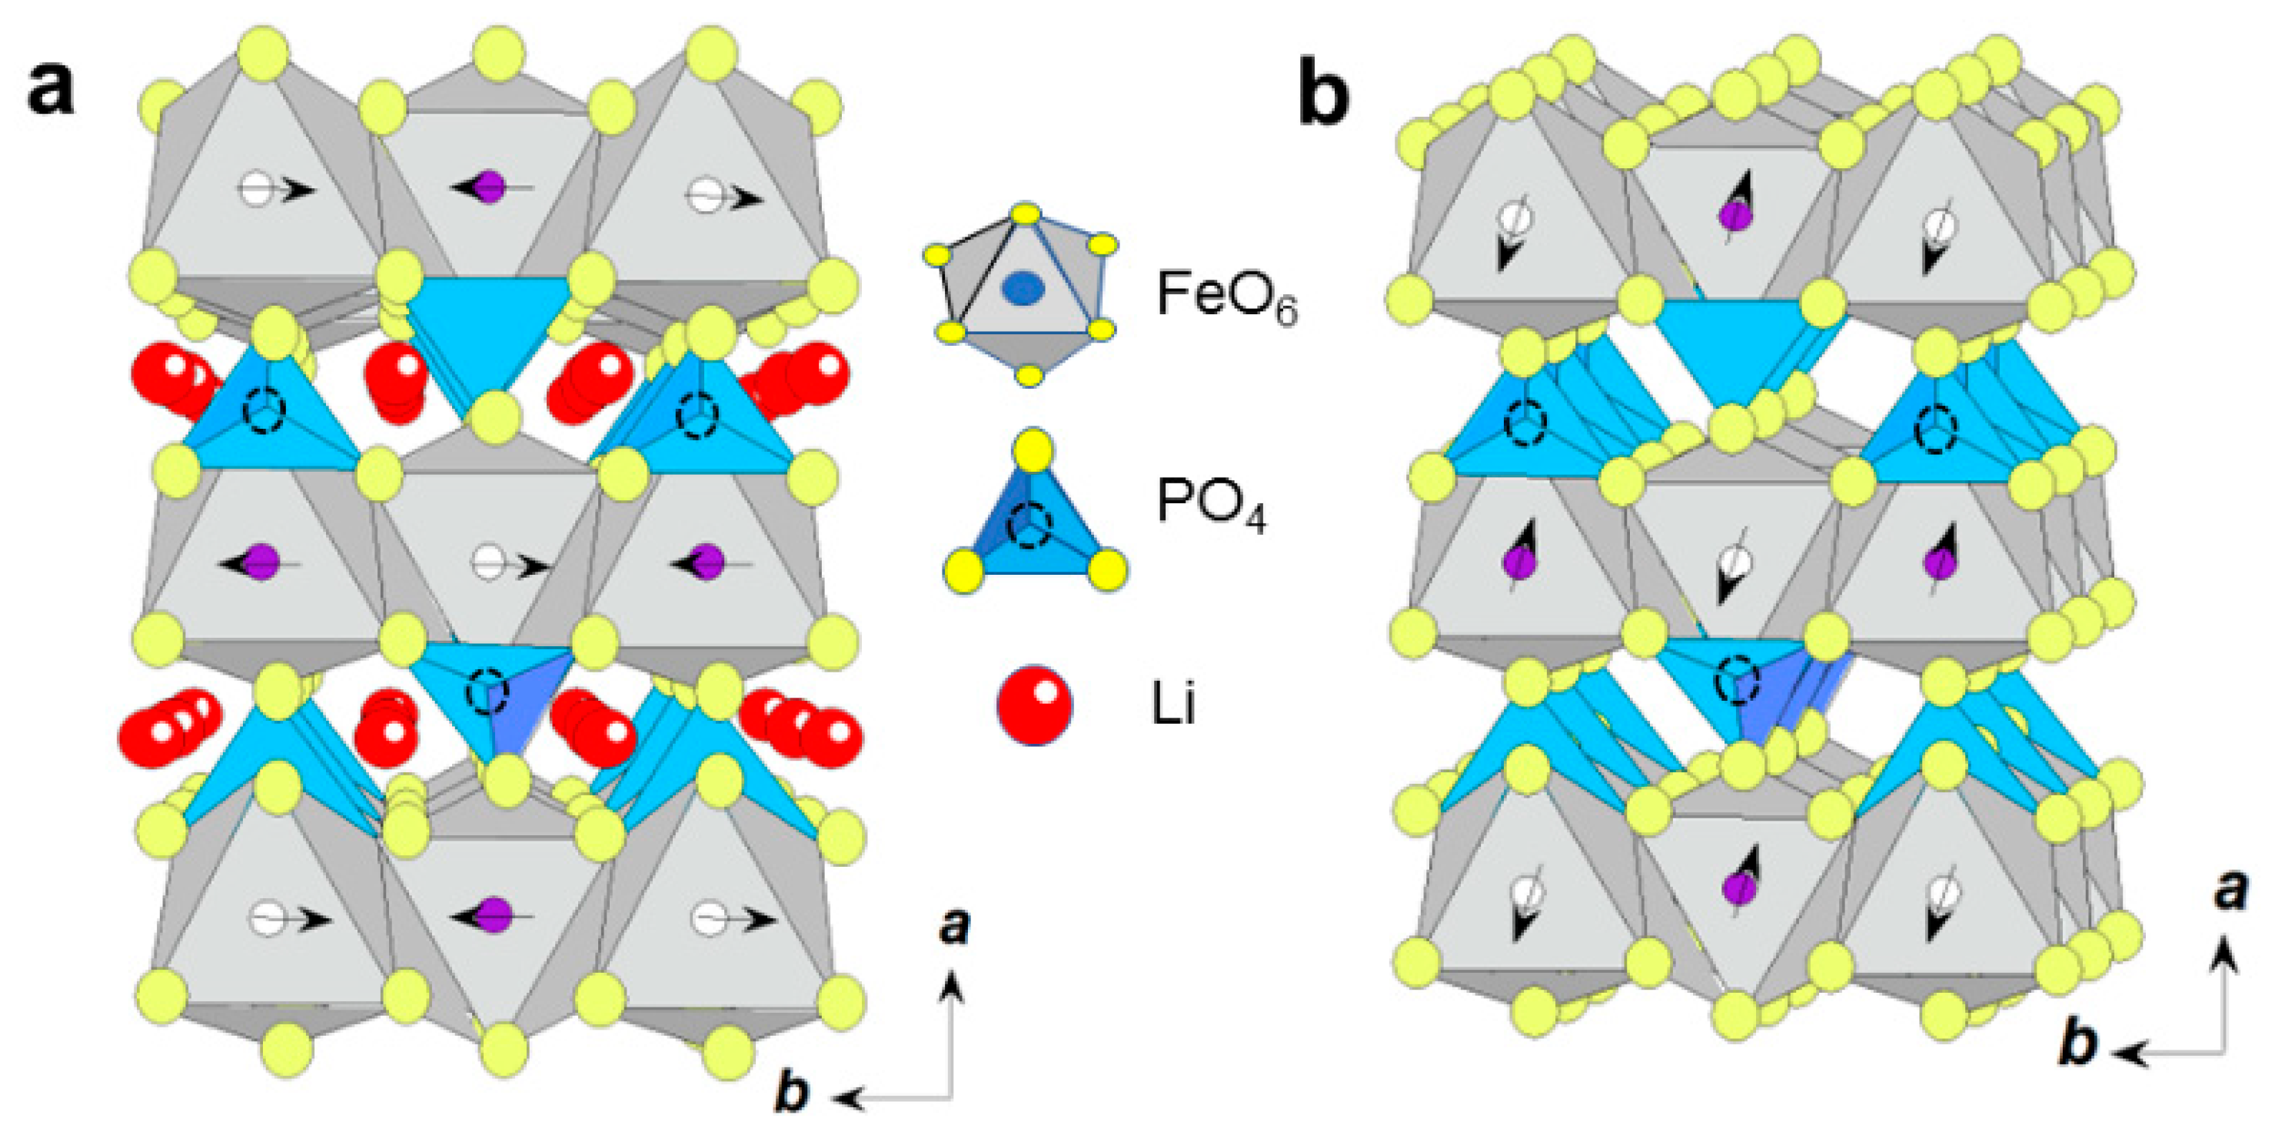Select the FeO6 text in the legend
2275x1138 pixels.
(1228, 297)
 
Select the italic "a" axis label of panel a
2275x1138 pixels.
(955, 926)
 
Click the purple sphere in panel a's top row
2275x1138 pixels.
(491, 187)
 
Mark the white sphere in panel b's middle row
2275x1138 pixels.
(1735, 562)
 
